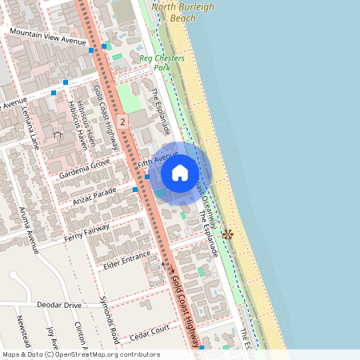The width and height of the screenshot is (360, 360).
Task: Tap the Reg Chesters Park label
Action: pyautogui.click(x=162, y=63)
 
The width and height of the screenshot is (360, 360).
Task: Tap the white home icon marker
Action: pyautogui.click(x=180, y=173)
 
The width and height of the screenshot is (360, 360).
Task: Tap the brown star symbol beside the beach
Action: pyautogui.click(x=228, y=234)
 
